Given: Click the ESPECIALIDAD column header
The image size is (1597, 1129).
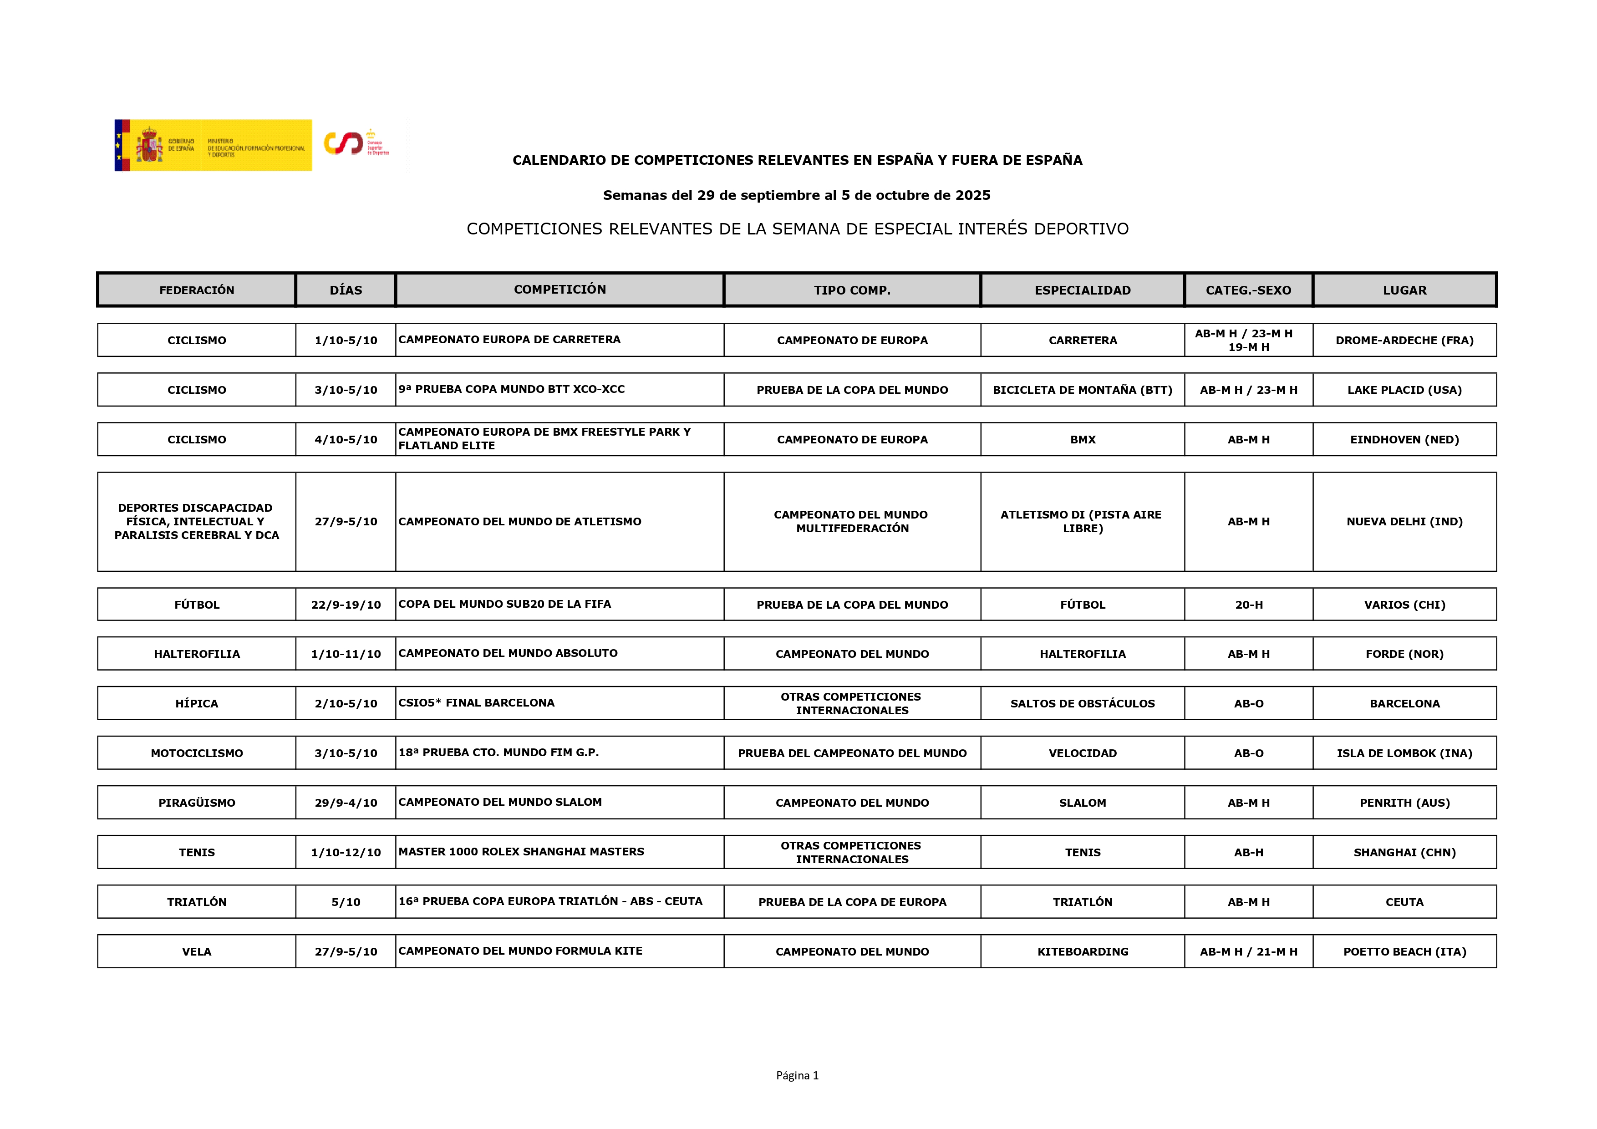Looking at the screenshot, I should pyautogui.click(x=1082, y=290).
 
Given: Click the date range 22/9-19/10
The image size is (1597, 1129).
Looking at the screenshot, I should pyautogui.click(x=346, y=605).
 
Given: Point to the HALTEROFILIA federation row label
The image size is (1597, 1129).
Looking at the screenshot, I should pyautogui.click(x=197, y=654).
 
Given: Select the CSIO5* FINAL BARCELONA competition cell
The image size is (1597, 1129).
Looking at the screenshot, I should pyautogui.click(x=477, y=702).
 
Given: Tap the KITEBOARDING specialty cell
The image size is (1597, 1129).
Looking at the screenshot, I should pyautogui.click(x=1082, y=951).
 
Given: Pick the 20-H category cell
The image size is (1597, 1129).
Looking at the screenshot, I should pyautogui.click(x=1249, y=605).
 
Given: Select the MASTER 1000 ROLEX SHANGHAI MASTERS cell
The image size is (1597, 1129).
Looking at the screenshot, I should pyautogui.click(x=521, y=851).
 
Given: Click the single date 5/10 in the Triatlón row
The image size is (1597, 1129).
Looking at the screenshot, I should pyautogui.click(x=346, y=902).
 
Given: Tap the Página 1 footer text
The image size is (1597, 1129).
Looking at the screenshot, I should pyautogui.click(x=797, y=1075).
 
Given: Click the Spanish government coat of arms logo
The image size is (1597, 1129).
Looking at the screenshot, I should pyautogui.click(x=149, y=145).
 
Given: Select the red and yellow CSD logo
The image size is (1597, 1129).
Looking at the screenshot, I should pyautogui.click(x=344, y=143).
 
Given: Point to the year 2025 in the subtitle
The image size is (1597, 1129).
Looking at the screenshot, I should pyautogui.click(x=972, y=195).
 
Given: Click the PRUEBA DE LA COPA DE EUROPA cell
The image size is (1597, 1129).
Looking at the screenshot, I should pyautogui.click(x=852, y=902).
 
